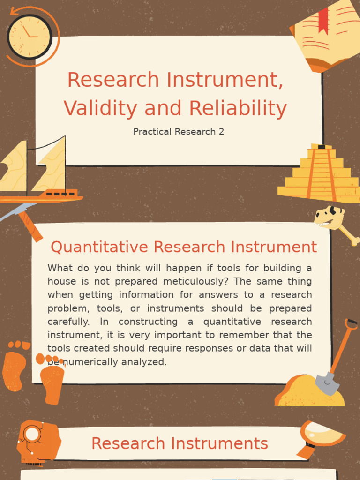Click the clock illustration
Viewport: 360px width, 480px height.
29,37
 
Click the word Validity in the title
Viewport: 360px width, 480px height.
100,109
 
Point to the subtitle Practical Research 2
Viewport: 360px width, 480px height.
179,132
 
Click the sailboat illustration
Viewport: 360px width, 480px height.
37,173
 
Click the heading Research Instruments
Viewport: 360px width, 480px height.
180,443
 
